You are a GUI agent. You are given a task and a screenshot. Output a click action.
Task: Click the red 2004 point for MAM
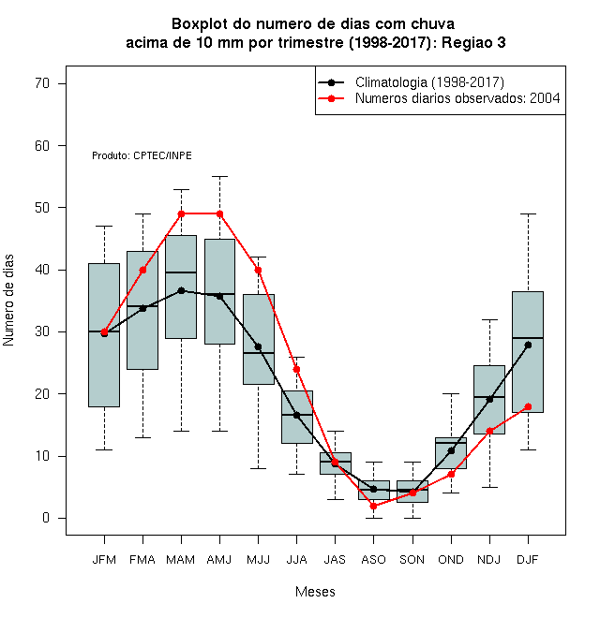(181, 214)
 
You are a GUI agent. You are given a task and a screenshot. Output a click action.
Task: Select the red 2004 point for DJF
(528, 406)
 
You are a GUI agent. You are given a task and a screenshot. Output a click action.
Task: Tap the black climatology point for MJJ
(258, 346)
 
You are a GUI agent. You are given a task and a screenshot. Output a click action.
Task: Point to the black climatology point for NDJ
(490, 400)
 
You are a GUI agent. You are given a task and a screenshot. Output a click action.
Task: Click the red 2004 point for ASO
(373, 506)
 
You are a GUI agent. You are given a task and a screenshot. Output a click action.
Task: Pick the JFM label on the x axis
(104, 560)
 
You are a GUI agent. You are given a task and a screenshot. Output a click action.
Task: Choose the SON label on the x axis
(412, 560)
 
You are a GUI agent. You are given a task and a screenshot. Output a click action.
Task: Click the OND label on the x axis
(451, 560)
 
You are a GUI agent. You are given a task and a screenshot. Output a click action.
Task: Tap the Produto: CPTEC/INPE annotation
(142, 155)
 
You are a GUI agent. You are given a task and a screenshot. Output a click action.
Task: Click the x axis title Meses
(315, 592)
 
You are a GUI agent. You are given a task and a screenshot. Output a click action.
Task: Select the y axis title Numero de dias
(8, 301)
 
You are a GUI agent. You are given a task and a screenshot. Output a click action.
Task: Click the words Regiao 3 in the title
(473, 42)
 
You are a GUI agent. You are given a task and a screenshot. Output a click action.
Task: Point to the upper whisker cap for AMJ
(220, 177)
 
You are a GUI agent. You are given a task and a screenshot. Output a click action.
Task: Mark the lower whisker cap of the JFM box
(104, 449)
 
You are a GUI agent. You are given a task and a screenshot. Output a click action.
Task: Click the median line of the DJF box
(528, 338)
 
